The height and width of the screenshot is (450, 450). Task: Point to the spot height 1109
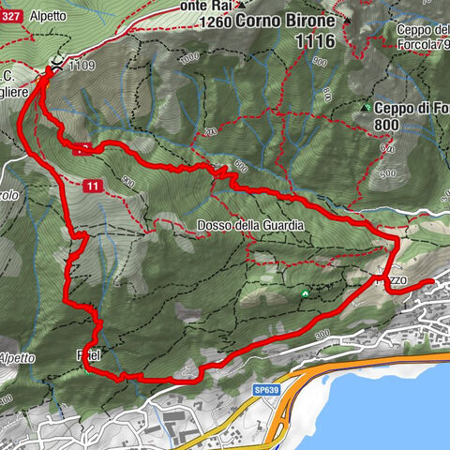82,65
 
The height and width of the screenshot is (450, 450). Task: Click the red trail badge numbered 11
91,186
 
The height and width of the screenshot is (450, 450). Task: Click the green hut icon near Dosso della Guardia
305,294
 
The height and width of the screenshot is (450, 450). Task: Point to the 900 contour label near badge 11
127,183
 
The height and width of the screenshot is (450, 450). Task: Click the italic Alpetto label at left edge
17,358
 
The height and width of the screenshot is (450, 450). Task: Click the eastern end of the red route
432,280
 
